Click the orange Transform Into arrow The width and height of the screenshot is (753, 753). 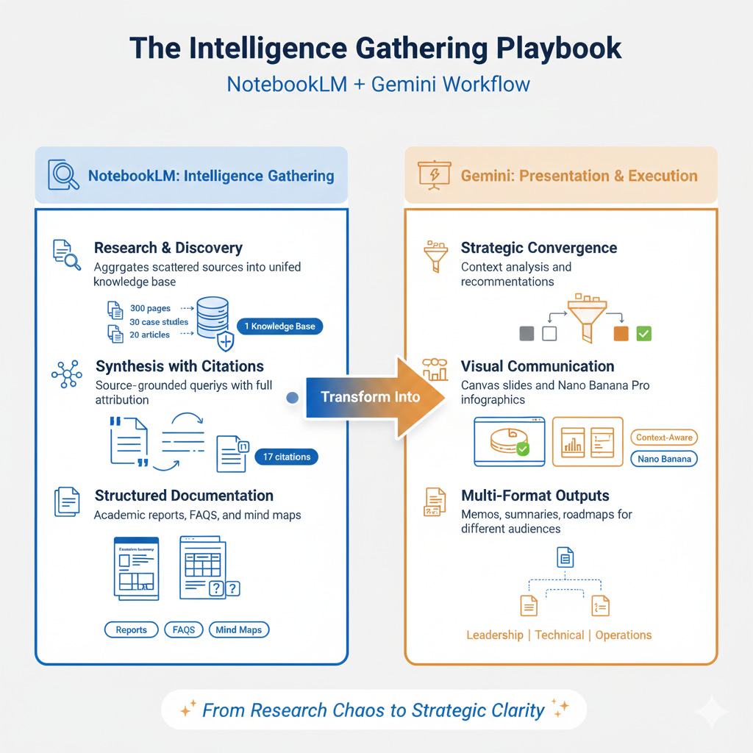pyautogui.click(x=375, y=397)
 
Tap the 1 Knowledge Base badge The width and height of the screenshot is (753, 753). pyautogui.click(x=279, y=326)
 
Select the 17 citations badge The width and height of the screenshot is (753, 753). pyautogui.click(x=286, y=457)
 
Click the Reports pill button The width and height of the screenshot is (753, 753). pyautogui.click(x=131, y=629)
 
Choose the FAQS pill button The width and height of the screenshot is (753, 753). pyautogui.click(x=184, y=629)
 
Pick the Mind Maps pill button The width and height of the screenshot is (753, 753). pyautogui.click(x=239, y=629)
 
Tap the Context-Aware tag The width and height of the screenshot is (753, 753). pyautogui.click(x=664, y=438)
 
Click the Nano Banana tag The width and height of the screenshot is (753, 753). pyautogui.click(x=664, y=459)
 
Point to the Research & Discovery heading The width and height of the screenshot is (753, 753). pyautogui.click(x=168, y=248)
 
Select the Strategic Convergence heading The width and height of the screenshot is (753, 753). pyautogui.click(x=539, y=248)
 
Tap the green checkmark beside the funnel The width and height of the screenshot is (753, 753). pyautogui.click(x=643, y=333)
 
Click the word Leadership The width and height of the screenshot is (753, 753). pyautogui.click(x=495, y=635)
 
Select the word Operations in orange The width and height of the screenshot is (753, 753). pyautogui.click(x=623, y=635)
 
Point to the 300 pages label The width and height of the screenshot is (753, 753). pyautogui.click(x=150, y=309)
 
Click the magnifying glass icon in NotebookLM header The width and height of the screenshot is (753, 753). pyautogui.click(x=63, y=175)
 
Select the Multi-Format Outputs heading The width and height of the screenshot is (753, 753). pyautogui.click(x=535, y=496)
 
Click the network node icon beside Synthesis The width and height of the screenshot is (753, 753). pyautogui.click(x=67, y=374)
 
